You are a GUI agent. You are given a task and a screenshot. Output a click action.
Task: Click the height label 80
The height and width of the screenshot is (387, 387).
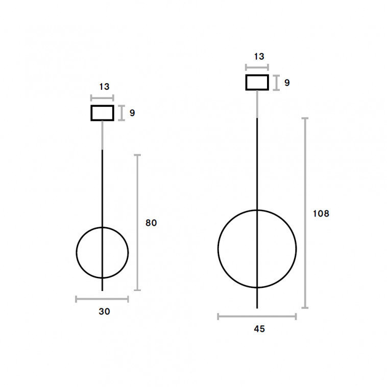[x=151, y=223]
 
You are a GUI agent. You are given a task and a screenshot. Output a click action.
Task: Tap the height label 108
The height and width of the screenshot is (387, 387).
[x=321, y=213]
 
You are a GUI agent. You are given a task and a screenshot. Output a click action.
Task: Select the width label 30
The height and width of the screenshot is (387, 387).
[x=104, y=311]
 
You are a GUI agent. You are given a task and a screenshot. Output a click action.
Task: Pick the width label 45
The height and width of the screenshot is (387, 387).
[x=259, y=329]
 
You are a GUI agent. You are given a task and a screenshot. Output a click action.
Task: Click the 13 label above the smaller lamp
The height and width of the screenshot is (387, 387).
[x=104, y=87]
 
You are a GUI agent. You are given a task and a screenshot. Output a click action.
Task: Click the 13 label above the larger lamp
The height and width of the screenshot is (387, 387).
[x=259, y=57]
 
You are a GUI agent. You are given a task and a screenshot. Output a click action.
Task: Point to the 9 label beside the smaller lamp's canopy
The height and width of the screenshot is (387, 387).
[x=132, y=113]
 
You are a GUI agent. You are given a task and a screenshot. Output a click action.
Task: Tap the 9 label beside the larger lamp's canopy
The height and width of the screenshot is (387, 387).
[x=287, y=83]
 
